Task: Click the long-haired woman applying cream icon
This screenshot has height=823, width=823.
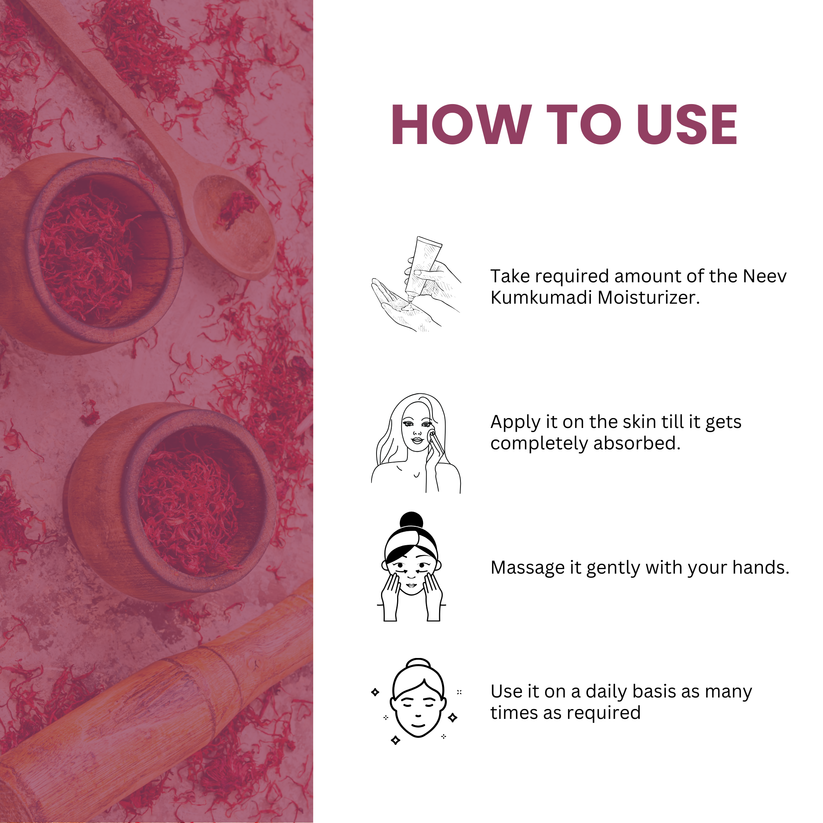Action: pos(415,442)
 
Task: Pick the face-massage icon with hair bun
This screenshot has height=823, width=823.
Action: pos(413,568)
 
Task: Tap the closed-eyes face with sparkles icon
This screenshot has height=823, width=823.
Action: pos(415,701)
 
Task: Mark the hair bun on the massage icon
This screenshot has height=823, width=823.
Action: pos(412,522)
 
